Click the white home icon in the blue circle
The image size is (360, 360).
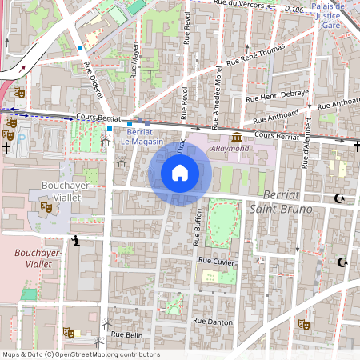[180, 173]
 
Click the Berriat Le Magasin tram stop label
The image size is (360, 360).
[142, 137]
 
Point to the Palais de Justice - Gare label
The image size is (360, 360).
[329, 16]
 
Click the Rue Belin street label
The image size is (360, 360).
[126, 334]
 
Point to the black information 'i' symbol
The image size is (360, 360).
[76, 240]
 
